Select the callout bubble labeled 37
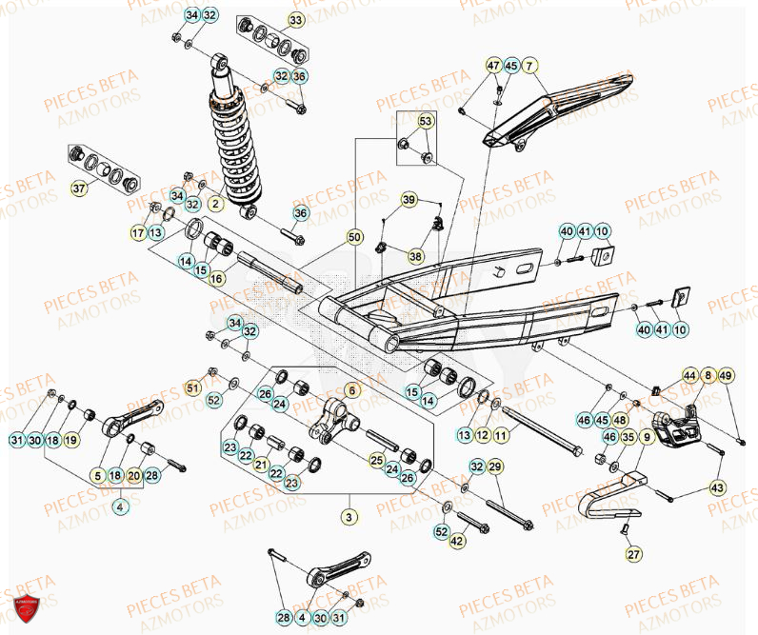[79, 189]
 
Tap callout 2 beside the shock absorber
[215, 203]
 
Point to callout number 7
[529, 66]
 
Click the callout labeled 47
[493, 66]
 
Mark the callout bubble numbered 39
[409, 200]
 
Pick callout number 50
[355, 237]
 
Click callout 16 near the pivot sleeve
[216, 278]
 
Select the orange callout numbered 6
[349, 390]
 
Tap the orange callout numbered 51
[192, 387]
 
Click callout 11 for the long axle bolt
[501, 434]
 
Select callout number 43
[717, 486]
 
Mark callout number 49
[726, 377]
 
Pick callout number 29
[494, 466]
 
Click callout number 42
[458, 541]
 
